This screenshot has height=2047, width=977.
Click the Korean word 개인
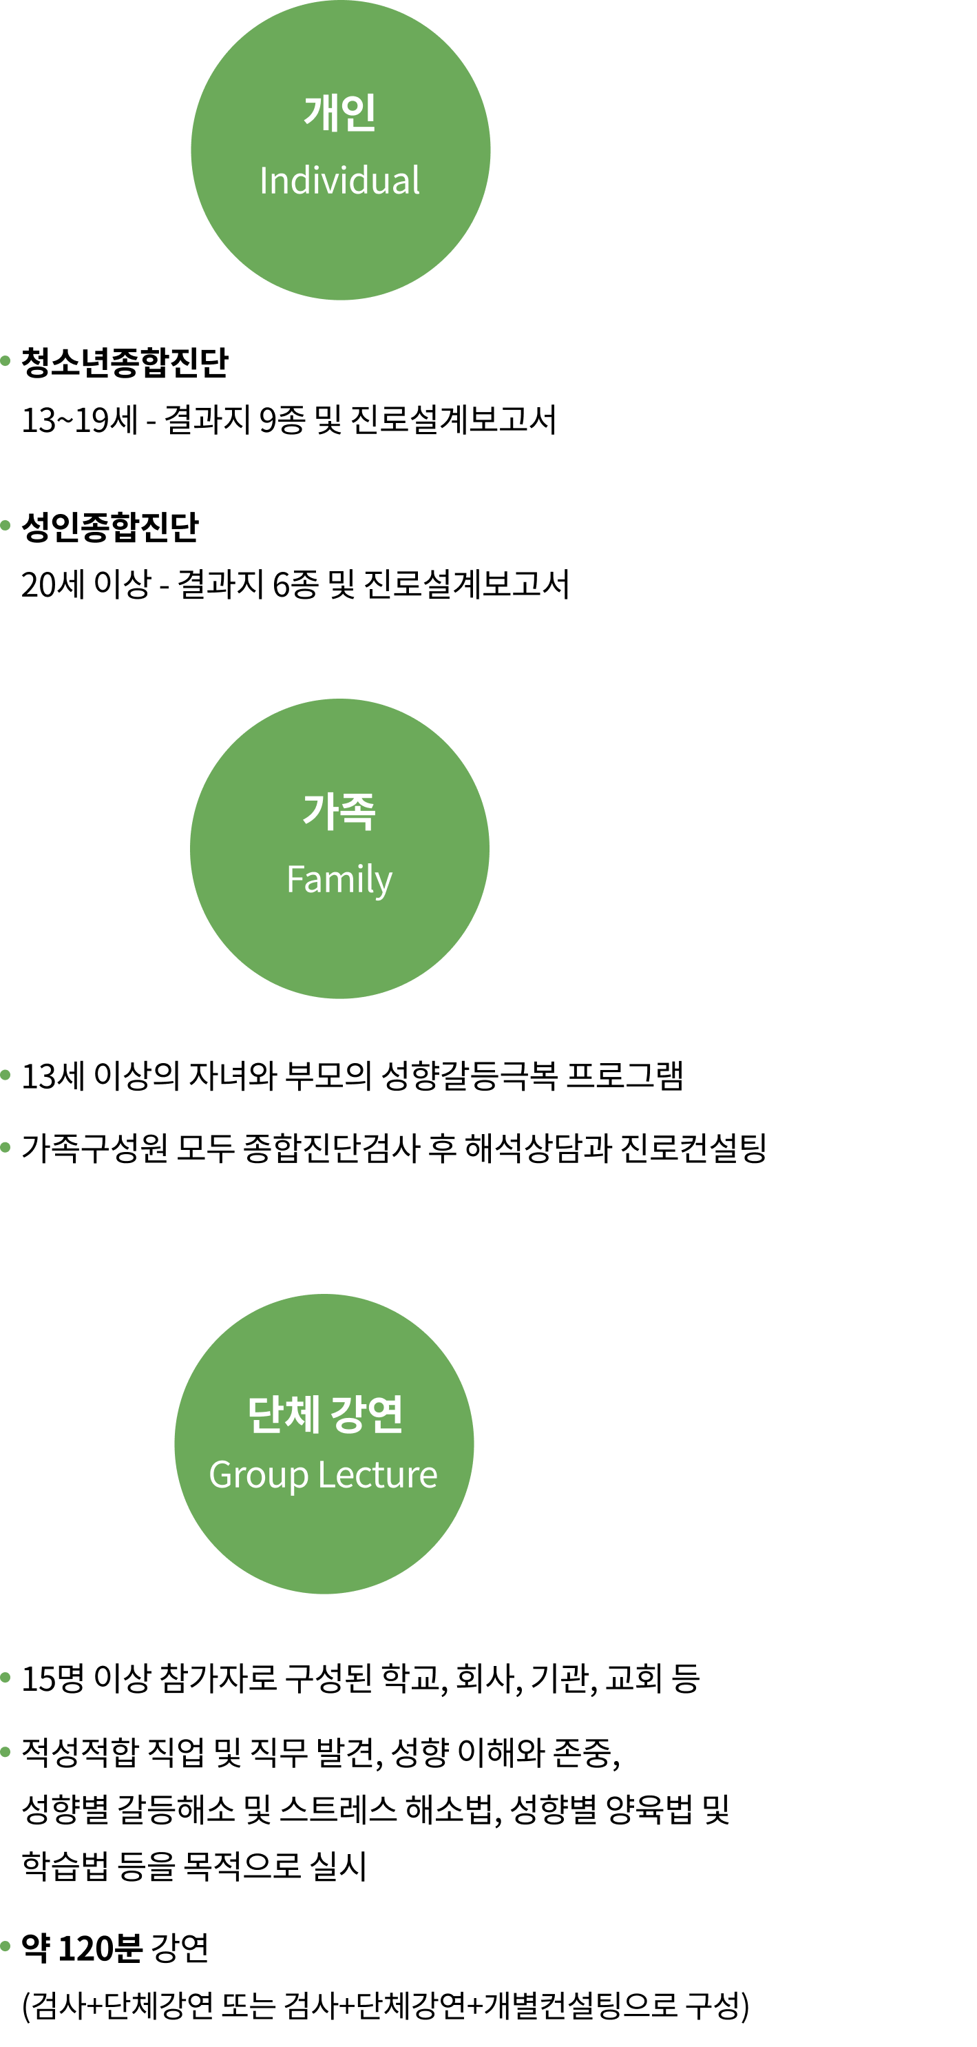tap(340, 113)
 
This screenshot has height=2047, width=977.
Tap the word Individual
tap(340, 181)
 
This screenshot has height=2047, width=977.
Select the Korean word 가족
tap(339, 812)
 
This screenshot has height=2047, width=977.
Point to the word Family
tap(339, 880)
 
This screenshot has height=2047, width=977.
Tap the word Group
tap(258, 1476)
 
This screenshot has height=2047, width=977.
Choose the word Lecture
tap(378, 1475)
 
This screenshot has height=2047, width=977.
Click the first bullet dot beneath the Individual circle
tap(6, 361)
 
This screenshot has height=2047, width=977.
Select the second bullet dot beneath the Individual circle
tap(6, 525)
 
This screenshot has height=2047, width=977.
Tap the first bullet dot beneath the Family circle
tap(6, 1075)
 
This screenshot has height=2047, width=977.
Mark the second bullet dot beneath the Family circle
tap(6, 1147)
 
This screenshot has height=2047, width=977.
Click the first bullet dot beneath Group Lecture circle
tap(6, 1678)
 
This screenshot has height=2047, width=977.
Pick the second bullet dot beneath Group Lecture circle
tap(6, 1751)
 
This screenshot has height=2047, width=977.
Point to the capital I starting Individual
tap(263, 181)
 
